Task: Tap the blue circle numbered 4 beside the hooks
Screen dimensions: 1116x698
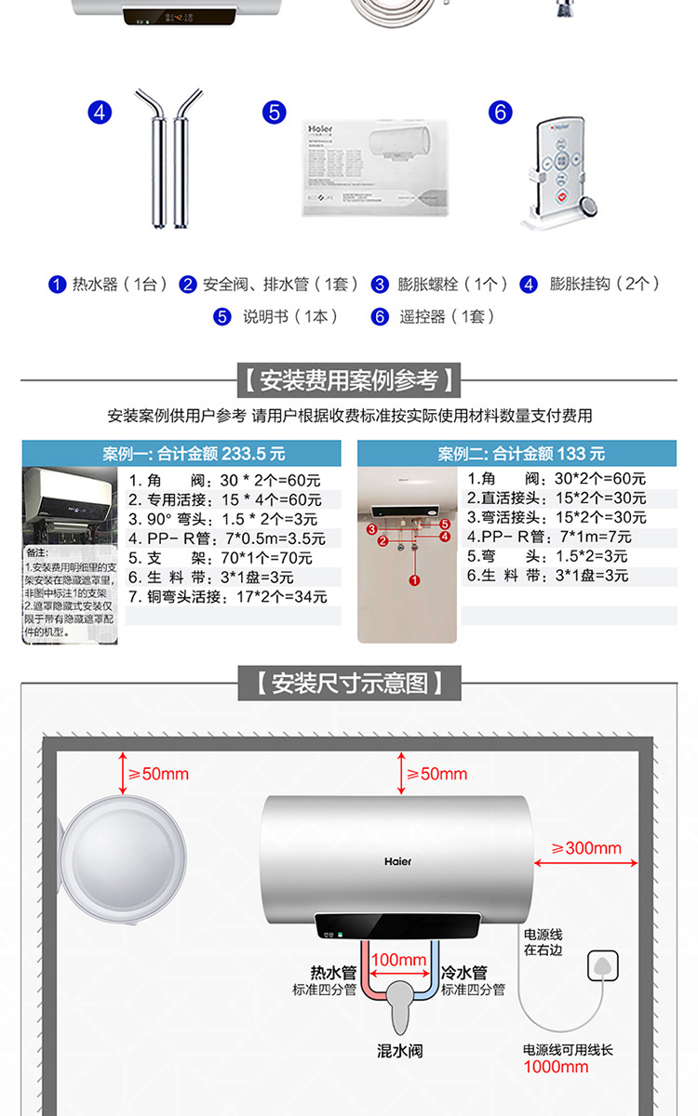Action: tap(100, 113)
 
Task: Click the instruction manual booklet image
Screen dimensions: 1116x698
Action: tap(377, 167)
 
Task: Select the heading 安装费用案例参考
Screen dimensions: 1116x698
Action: tap(349, 380)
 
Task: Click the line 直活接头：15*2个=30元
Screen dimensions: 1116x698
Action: tap(557, 498)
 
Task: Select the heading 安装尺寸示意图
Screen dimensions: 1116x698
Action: tap(349, 684)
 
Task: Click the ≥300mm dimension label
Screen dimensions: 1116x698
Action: tap(586, 848)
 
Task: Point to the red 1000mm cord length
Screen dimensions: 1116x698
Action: tap(556, 1067)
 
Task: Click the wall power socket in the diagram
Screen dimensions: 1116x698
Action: tap(602, 968)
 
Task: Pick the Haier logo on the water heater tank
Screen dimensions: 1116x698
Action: tap(397, 861)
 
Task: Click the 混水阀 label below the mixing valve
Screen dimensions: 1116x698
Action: tap(400, 1051)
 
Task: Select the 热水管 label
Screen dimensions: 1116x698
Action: tap(333, 973)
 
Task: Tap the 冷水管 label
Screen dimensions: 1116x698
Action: tap(465, 973)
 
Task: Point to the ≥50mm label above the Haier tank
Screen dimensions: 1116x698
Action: tap(436, 774)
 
